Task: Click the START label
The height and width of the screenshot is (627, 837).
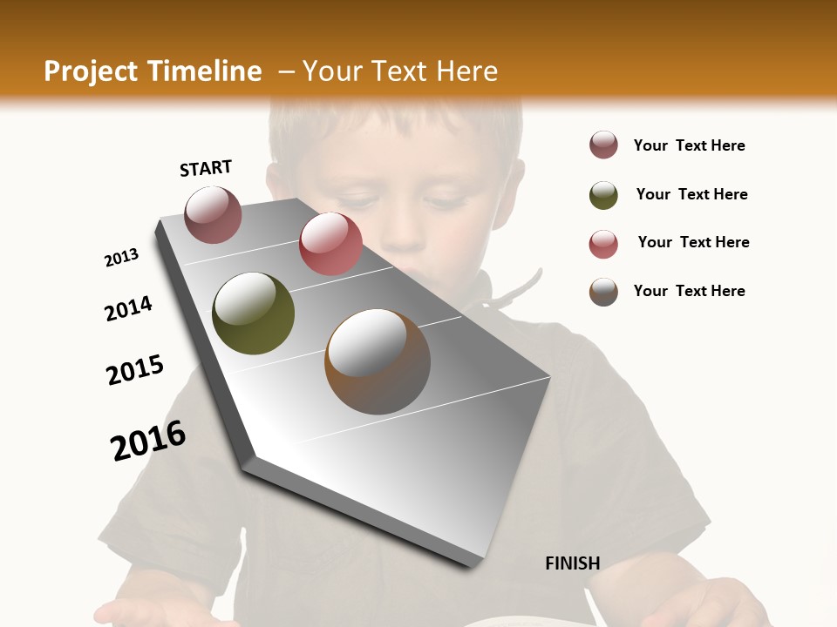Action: (206, 168)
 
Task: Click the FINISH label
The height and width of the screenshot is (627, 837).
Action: (572, 563)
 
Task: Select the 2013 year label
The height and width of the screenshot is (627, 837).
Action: (121, 258)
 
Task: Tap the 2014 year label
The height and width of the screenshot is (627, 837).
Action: (128, 309)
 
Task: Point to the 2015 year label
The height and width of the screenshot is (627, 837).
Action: (135, 370)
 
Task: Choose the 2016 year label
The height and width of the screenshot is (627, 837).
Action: (148, 441)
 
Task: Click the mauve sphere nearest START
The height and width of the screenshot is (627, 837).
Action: (214, 214)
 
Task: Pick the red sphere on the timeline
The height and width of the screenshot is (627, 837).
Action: (330, 243)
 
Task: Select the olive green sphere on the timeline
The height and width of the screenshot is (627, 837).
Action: (254, 313)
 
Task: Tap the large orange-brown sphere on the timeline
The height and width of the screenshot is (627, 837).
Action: (378, 361)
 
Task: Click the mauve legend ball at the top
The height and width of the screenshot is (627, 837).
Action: (603, 145)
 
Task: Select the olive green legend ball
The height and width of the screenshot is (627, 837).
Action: (603, 195)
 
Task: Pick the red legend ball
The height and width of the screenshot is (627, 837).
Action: (603, 244)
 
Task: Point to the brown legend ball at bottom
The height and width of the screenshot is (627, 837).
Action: (603, 292)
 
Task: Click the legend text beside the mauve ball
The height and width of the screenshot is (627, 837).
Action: (689, 146)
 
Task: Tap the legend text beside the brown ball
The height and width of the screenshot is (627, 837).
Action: (689, 291)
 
